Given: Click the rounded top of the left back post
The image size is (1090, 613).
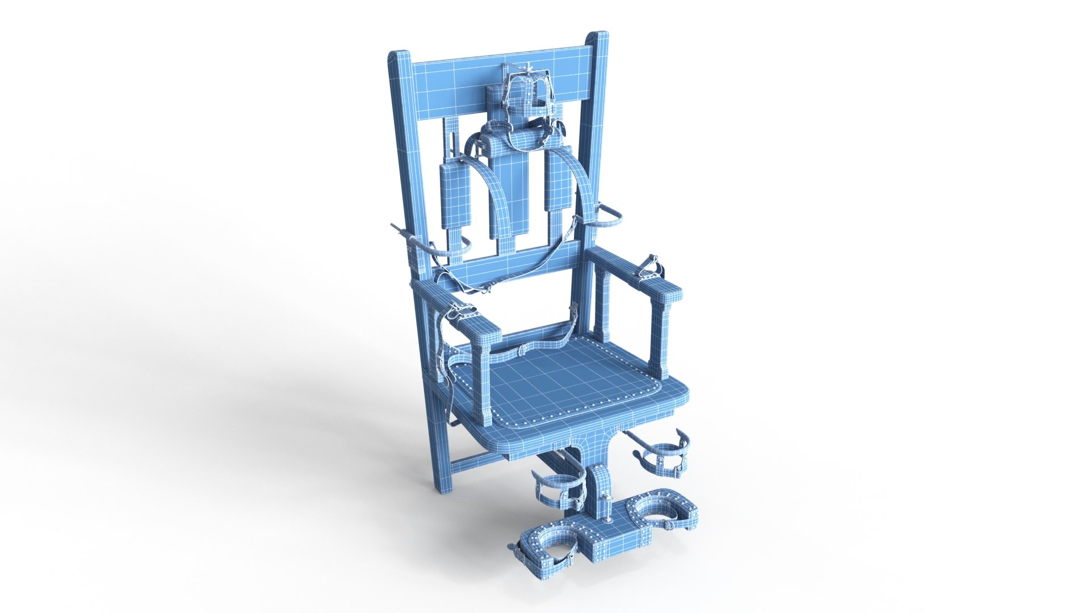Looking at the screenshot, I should pyautogui.click(x=399, y=56).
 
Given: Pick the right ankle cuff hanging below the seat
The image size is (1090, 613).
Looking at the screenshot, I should pyautogui.click(x=664, y=451).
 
